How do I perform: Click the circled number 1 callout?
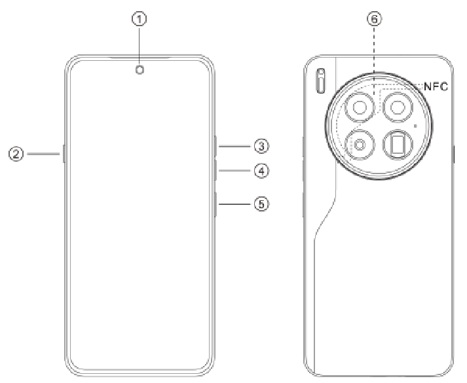(140, 19)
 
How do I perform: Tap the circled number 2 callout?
(16, 154)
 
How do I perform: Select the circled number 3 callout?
(261, 146)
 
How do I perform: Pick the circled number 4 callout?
(261, 171)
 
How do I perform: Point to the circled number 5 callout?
(261, 204)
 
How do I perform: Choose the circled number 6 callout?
(375, 19)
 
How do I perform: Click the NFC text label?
(436, 86)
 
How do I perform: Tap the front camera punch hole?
(140, 70)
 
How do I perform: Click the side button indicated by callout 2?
(64, 154)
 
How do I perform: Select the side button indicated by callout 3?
(215, 146)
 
